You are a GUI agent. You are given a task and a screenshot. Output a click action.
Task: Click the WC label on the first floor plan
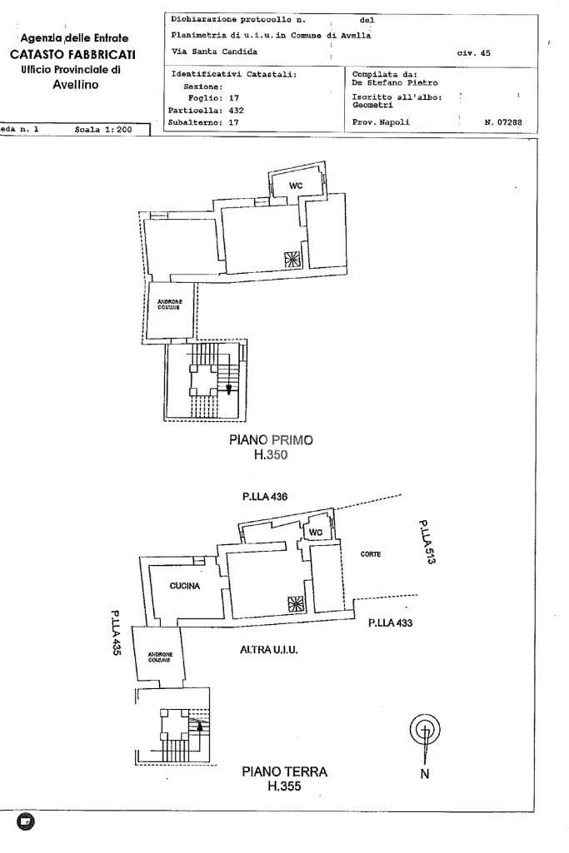click(x=296, y=186)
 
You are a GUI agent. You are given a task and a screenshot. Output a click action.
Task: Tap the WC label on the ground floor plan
click(x=315, y=533)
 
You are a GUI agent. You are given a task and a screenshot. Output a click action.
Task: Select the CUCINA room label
click(x=185, y=586)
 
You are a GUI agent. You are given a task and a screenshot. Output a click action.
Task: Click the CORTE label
click(x=371, y=554)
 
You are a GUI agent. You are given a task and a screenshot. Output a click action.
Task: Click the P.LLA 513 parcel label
click(x=427, y=542)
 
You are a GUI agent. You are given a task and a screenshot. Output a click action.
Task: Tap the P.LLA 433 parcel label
click(x=391, y=623)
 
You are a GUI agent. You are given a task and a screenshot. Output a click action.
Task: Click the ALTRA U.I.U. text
click(x=269, y=649)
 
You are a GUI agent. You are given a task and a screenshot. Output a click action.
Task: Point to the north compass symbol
click(x=425, y=731)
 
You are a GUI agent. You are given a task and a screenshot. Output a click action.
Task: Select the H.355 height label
click(x=284, y=786)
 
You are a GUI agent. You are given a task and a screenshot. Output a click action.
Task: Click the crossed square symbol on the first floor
click(x=292, y=259)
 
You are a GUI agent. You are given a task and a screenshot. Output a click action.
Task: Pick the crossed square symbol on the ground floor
click(x=295, y=605)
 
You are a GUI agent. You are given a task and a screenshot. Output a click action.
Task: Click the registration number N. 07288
click(x=502, y=122)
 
